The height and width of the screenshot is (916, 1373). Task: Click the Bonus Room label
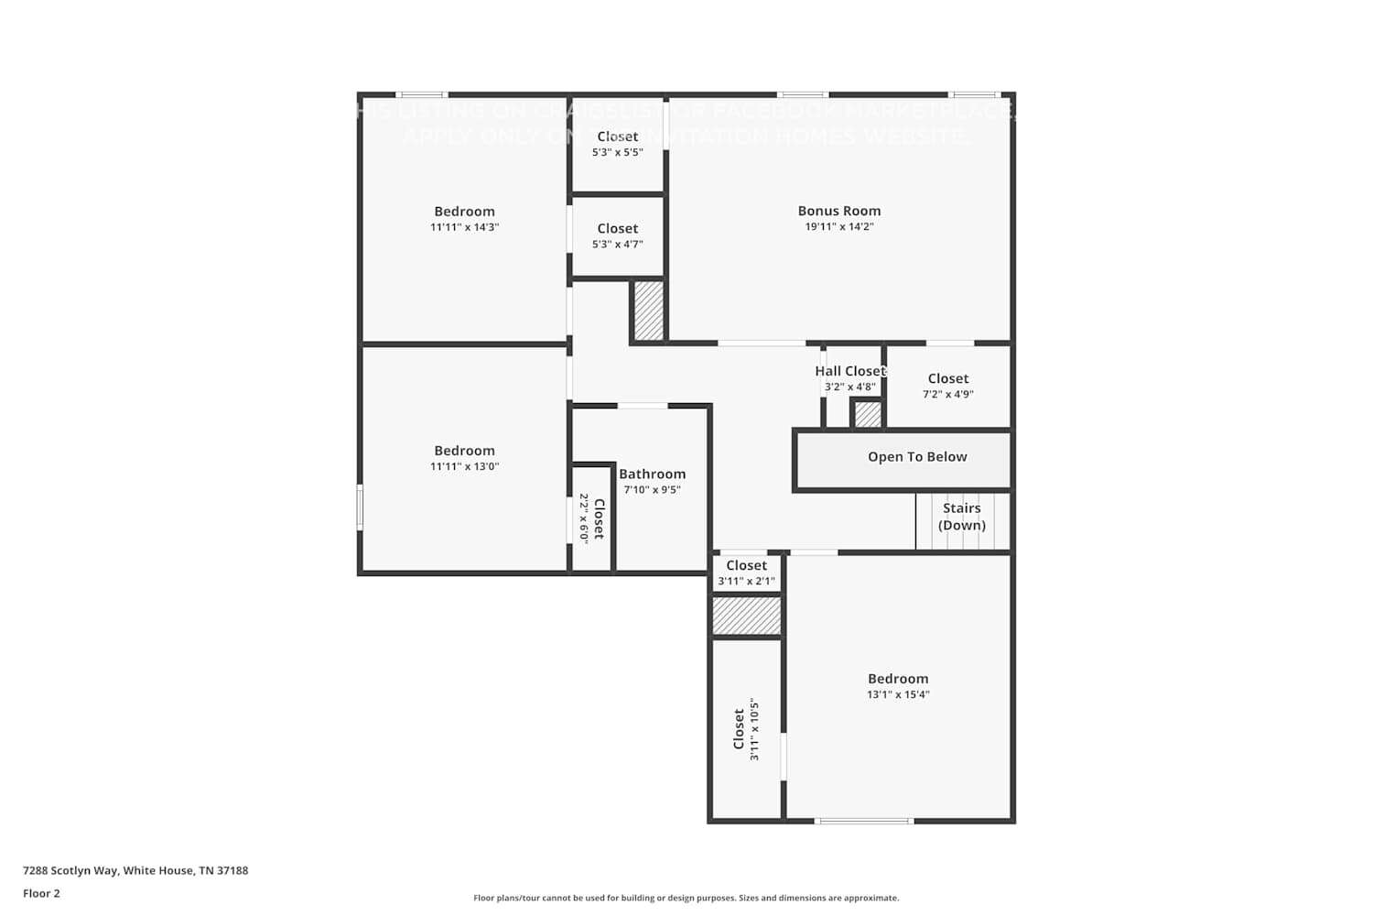(x=838, y=211)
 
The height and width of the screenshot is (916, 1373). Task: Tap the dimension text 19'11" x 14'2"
(x=838, y=226)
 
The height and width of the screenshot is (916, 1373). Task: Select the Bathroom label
(x=652, y=474)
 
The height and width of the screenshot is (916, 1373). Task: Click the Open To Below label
(x=916, y=457)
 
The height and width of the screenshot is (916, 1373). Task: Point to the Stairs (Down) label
(x=961, y=517)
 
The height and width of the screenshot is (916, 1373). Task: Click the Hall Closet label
(x=850, y=371)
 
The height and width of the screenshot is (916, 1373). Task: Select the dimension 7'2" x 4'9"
(x=947, y=394)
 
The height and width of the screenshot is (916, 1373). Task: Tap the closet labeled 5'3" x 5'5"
(x=617, y=145)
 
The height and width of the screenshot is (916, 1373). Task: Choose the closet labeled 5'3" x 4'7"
(x=617, y=236)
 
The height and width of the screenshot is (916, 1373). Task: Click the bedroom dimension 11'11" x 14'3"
(x=464, y=227)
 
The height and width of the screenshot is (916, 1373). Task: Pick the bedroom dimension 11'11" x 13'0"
(x=464, y=466)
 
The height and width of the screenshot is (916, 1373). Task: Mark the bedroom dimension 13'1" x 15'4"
(x=897, y=694)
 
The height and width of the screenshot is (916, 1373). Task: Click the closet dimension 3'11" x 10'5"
(x=754, y=729)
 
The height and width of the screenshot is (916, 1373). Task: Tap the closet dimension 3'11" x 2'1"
(x=746, y=581)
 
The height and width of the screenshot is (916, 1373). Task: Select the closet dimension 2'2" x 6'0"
(x=584, y=518)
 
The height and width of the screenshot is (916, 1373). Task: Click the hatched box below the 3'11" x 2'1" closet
(x=746, y=616)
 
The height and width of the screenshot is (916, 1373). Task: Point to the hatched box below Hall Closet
(x=867, y=415)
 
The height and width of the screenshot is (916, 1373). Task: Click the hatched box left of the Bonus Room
(x=648, y=311)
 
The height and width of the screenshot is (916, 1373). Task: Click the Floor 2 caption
(x=41, y=893)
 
